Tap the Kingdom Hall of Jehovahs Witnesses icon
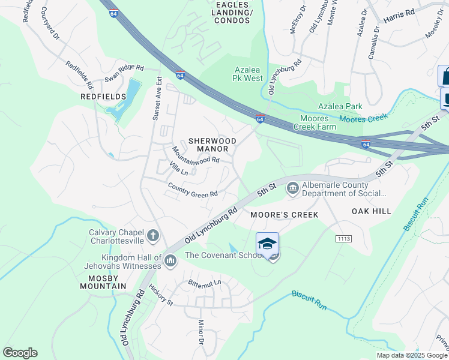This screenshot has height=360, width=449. coord(170,260)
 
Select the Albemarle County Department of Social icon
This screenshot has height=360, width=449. coord(292,189)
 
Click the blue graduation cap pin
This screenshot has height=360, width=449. coord(267,244)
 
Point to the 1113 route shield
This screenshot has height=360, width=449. coord(343,238)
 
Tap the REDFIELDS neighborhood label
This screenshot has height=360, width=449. coord(104,97)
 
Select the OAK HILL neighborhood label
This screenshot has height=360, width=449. coord(371,211)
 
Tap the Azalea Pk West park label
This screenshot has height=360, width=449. coord(248,74)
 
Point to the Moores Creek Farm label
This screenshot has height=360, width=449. coord(315,122)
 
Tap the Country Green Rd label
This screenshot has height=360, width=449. coord(192,190)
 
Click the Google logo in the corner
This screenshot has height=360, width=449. coord(20,353)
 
